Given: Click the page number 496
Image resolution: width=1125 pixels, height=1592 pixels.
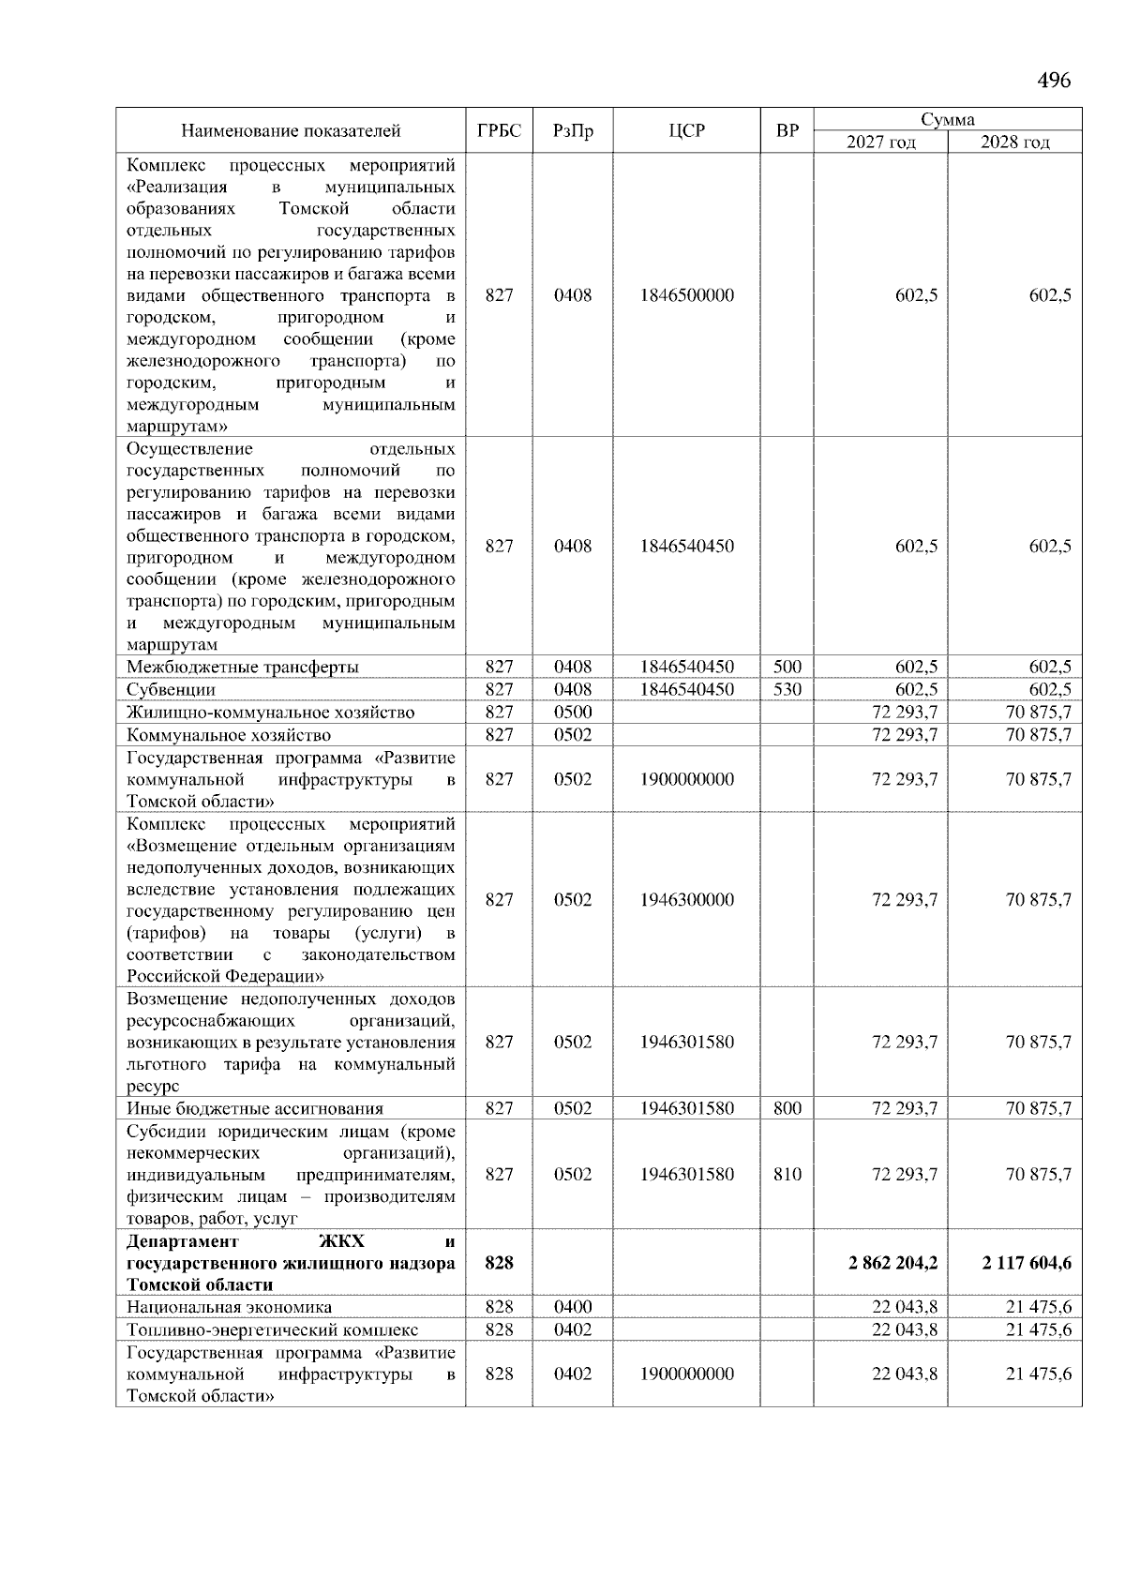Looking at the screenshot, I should [1054, 81].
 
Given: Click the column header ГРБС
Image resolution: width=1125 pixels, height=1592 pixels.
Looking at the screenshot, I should [499, 130].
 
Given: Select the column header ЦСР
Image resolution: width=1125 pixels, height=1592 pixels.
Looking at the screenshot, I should [686, 130].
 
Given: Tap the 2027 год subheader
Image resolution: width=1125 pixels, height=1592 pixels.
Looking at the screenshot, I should [880, 143].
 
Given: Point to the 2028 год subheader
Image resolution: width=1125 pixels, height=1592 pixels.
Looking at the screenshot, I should [1014, 143].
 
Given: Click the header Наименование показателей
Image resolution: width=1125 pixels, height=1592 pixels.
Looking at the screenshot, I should [291, 130].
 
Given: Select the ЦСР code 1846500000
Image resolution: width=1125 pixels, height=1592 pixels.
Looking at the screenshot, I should [686, 295].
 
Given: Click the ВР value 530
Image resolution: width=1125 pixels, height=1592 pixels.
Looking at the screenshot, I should [787, 689].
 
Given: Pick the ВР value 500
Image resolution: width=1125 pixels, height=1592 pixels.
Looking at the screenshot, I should [787, 667].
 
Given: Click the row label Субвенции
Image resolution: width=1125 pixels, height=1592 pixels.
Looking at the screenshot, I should [172, 689].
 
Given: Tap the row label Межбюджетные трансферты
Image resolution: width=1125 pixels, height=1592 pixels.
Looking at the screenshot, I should [243, 667].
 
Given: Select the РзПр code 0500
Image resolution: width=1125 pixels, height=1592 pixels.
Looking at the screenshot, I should [572, 712].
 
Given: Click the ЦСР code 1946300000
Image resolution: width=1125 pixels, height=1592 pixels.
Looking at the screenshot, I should [686, 899].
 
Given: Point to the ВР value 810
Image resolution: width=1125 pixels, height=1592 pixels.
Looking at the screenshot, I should [787, 1174].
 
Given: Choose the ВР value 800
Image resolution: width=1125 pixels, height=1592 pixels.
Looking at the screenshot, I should [787, 1108].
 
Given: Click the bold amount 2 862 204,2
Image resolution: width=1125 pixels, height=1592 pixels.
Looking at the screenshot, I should [892, 1263].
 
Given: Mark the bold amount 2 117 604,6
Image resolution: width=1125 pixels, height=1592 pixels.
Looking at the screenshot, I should [1027, 1263].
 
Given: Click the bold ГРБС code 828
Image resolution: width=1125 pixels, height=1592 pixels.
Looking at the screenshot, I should [499, 1263].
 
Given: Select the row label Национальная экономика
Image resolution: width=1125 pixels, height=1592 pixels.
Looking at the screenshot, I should [230, 1307].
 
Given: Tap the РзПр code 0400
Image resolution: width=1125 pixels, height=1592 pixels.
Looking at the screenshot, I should [572, 1307].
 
